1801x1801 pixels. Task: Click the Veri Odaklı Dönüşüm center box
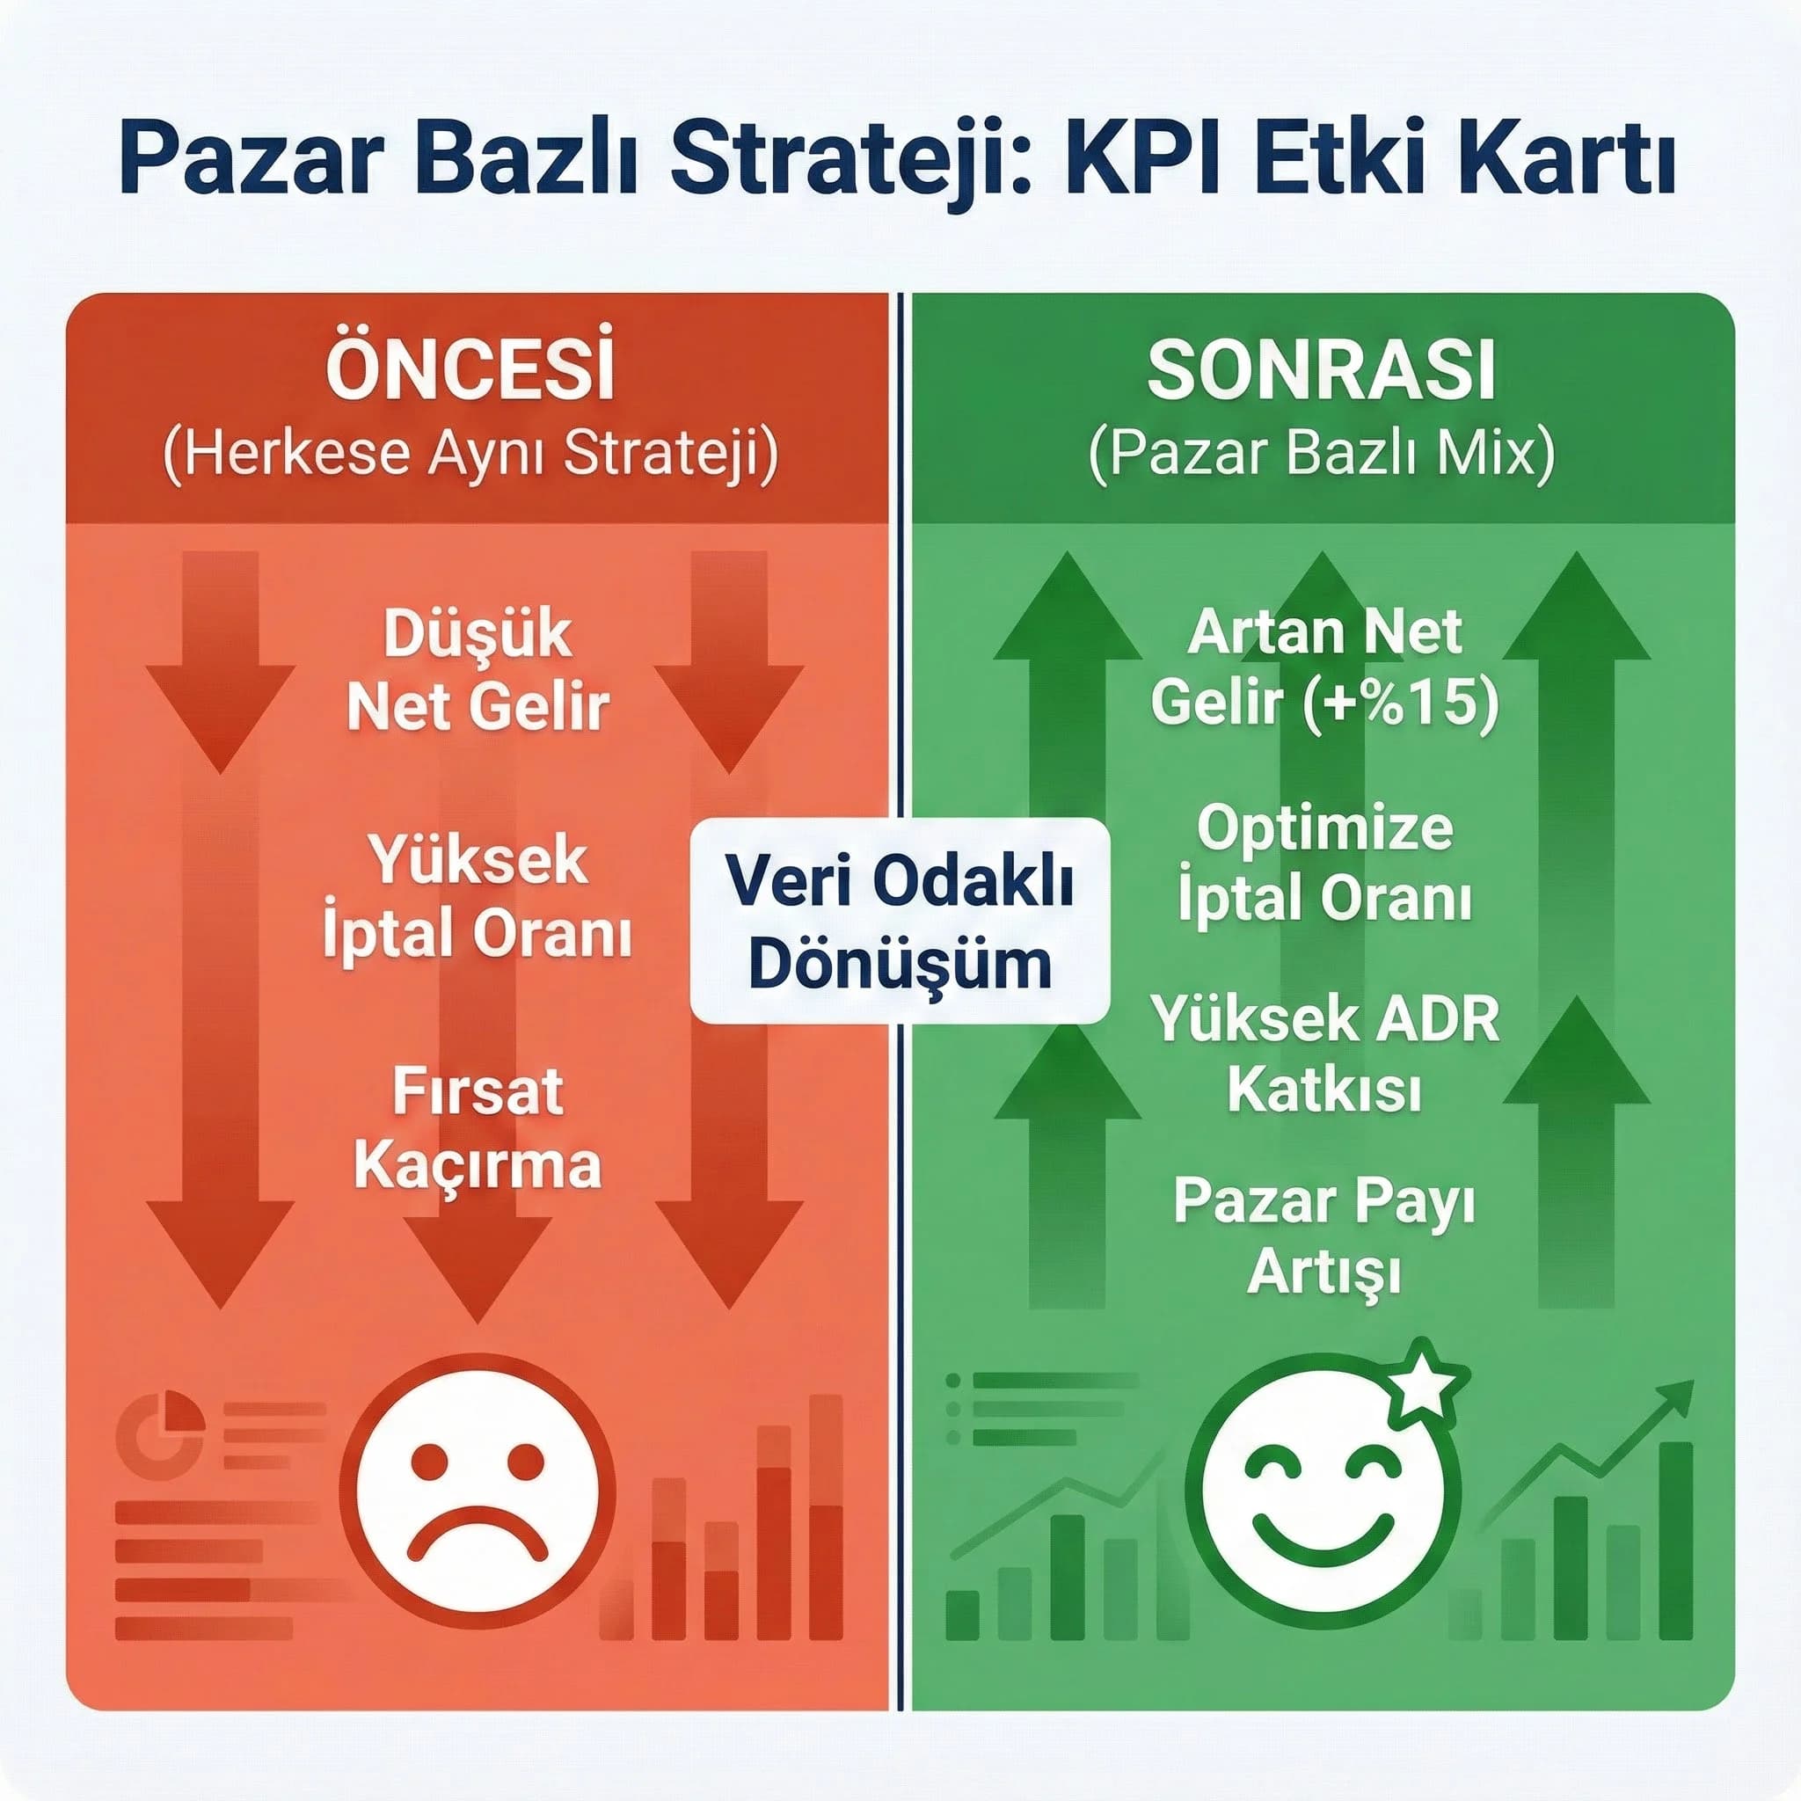[900, 921]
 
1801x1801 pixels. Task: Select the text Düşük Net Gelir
[478, 670]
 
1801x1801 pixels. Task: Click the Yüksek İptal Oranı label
[478, 896]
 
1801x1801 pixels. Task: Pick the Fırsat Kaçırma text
[478, 1128]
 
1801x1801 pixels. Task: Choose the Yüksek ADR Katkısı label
[1323, 1054]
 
